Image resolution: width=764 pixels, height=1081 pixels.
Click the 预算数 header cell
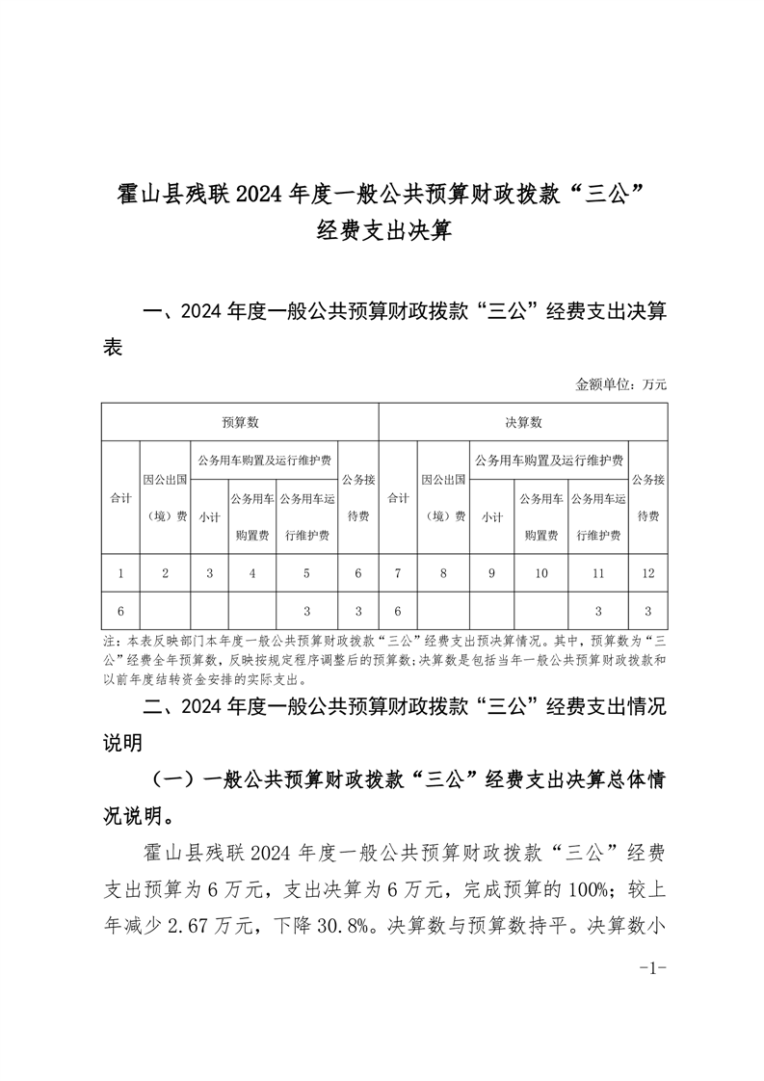pyautogui.click(x=240, y=422)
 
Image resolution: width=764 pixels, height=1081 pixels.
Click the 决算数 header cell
pyautogui.click(x=523, y=422)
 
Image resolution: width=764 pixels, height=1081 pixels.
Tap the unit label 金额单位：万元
pyautogui.click(x=620, y=383)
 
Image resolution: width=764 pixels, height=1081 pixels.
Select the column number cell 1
pyautogui.click(x=120, y=574)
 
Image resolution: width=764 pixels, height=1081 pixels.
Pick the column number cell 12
pyautogui.click(x=647, y=574)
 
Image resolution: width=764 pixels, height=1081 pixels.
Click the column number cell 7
pyautogui.click(x=397, y=574)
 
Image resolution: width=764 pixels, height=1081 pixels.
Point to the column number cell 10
pyautogui.click(x=540, y=574)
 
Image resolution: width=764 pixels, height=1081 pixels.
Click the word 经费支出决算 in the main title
pyautogui.click(x=382, y=232)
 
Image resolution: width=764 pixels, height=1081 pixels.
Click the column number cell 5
pyautogui.click(x=306, y=574)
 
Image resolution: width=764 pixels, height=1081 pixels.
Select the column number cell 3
pyautogui.click(x=209, y=574)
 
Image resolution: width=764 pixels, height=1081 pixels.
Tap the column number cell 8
pyautogui.click(x=443, y=574)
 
